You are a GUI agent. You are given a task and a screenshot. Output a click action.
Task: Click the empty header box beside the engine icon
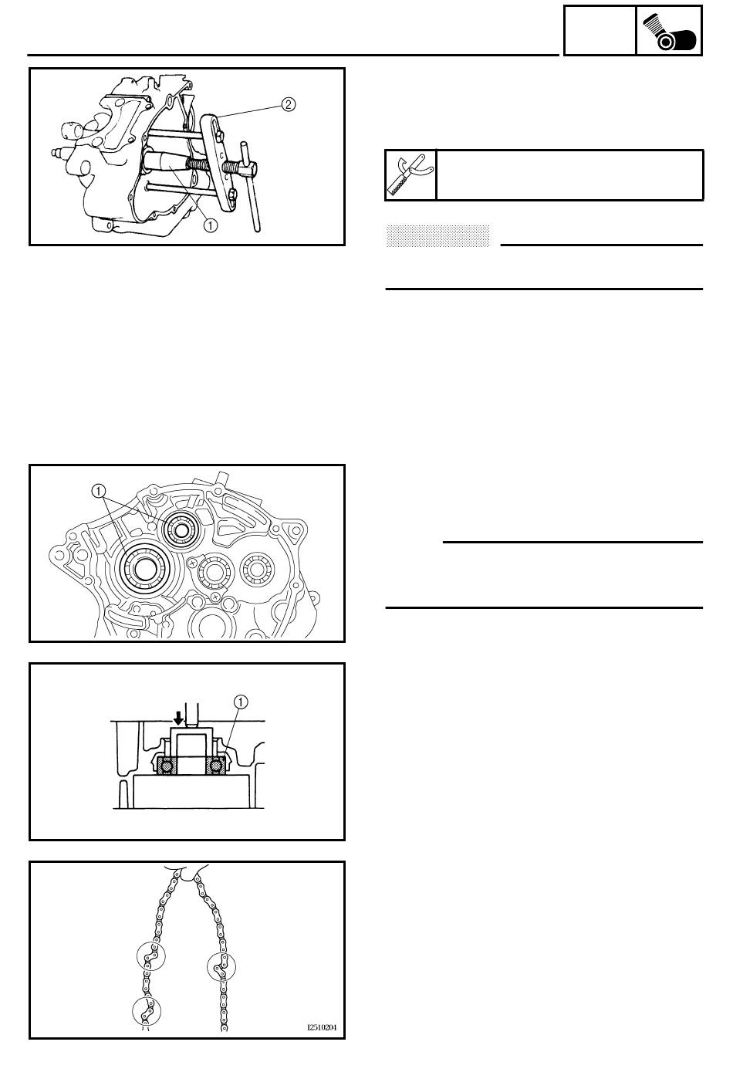click(x=600, y=30)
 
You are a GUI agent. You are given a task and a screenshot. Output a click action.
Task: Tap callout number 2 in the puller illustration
click(x=288, y=104)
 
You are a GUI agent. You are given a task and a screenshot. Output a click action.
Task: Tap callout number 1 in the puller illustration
click(x=211, y=225)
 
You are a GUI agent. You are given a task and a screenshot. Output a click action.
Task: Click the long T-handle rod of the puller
click(x=252, y=186)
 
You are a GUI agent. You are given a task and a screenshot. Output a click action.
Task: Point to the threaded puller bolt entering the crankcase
click(x=201, y=164)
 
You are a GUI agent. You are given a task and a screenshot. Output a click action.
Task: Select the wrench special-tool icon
click(x=410, y=175)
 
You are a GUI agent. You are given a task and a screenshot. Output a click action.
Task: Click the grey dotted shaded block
click(x=437, y=235)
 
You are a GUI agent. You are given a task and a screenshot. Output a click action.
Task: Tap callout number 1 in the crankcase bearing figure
click(x=98, y=491)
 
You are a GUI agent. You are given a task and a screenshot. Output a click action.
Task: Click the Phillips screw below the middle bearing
click(x=216, y=597)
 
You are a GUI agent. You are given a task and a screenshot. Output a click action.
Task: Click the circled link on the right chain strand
click(x=221, y=966)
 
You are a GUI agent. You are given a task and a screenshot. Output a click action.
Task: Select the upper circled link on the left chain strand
click(x=150, y=956)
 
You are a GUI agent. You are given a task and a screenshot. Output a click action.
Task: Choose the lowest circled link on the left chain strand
click(x=147, y=1011)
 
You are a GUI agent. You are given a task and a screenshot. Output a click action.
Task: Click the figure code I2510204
click(x=322, y=1027)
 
